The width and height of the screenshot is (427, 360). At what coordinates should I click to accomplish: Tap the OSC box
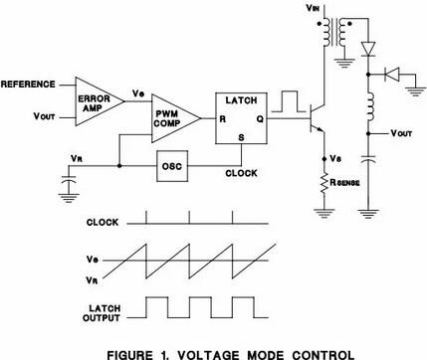pyautogui.click(x=172, y=166)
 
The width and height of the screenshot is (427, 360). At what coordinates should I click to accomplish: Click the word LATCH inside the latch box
pyautogui.click(x=241, y=100)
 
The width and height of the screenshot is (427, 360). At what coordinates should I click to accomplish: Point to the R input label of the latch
pyautogui.click(x=223, y=119)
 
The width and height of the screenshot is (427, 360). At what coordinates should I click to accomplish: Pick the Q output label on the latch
pyautogui.click(x=260, y=119)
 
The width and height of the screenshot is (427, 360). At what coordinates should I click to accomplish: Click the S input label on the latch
pyautogui.click(x=241, y=137)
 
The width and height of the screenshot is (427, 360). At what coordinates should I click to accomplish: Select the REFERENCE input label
pyautogui.click(x=28, y=85)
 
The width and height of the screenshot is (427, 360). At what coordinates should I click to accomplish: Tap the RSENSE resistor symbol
pyautogui.click(x=324, y=183)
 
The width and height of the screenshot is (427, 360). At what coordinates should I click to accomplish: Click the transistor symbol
pyautogui.click(x=317, y=118)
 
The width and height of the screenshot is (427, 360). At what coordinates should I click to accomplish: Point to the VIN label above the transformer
pyautogui.click(x=314, y=8)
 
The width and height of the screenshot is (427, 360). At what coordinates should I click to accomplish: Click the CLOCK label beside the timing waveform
pyautogui.click(x=103, y=222)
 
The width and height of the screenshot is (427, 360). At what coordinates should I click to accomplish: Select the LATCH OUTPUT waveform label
pyautogui.click(x=102, y=313)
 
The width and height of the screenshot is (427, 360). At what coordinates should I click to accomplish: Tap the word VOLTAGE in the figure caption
pyautogui.click(x=208, y=355)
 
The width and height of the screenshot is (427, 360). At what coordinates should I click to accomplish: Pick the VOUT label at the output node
pyautogui.click(x=401, y=133)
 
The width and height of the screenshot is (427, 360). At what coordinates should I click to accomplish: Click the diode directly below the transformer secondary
pyautogui.click(x=368, y=49)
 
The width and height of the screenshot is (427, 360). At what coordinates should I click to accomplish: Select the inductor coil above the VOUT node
pyautogui.click(x=369, y=106)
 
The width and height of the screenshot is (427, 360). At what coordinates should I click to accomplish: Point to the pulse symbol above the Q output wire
pyautogui.click(x=289, y=101)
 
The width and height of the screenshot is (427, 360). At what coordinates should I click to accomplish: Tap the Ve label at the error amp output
pyautogui.click(x=138, y=93)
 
